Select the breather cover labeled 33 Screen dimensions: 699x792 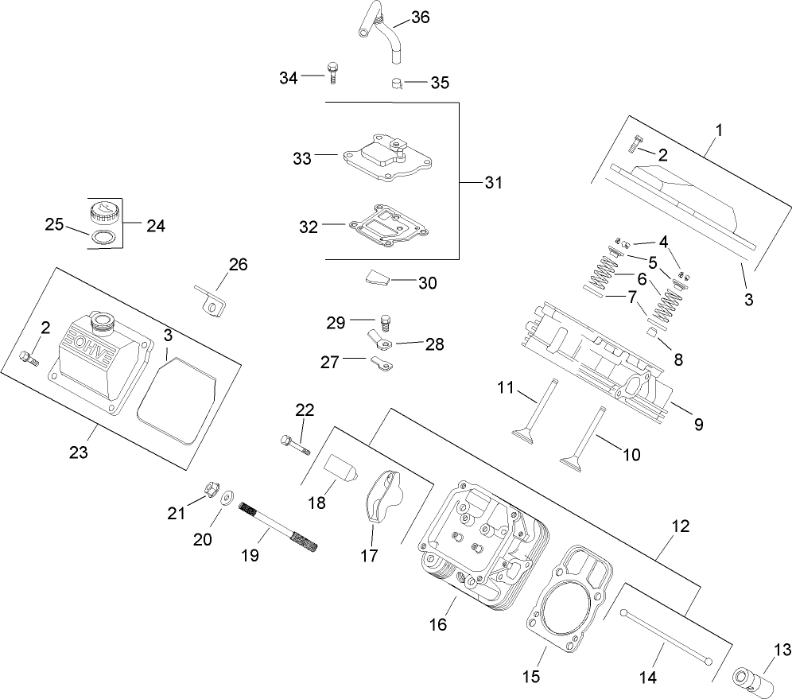click(x=386, y=159)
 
